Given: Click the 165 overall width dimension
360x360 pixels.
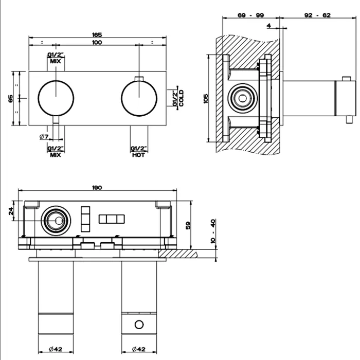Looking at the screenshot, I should pos(97,34).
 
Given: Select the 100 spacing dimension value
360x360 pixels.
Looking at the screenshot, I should pos(97,42).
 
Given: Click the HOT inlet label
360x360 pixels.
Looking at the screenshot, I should pos(138,154).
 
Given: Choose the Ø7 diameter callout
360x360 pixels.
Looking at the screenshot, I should pos(44,136).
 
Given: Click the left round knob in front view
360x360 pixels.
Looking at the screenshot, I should pos(56,97).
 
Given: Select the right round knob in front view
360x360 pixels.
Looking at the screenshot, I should pos(139,97).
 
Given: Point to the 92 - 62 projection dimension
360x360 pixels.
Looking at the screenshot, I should pos(318,15).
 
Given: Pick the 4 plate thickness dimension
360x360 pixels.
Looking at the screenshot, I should pos(269,24).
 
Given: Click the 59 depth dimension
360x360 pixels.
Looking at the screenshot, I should pos(188,224).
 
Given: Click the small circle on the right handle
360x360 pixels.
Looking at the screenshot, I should pos(138,324).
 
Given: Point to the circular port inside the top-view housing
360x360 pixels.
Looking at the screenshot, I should pos(53,221).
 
